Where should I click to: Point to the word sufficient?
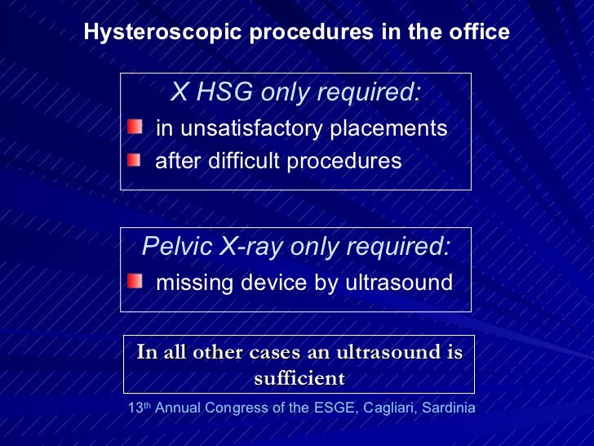click(x=299, y=379)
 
